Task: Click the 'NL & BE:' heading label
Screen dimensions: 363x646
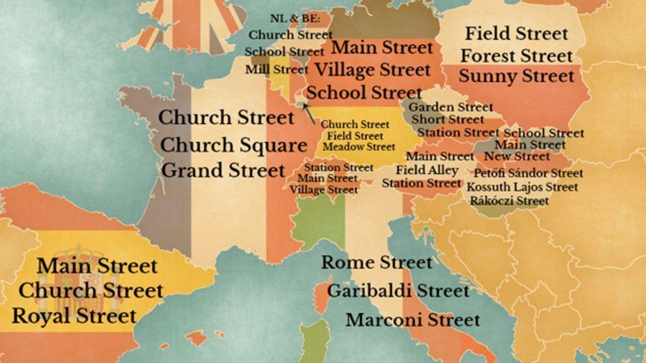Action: (296, 19)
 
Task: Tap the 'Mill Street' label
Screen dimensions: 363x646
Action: (277, 69)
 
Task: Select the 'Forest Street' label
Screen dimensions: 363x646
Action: (516, 55)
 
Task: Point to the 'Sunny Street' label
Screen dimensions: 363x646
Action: (516, 76)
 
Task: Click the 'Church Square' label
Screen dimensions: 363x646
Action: (233, 146)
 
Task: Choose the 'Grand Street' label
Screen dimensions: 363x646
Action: (223, 170)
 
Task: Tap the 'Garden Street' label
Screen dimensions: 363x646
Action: (451, 107)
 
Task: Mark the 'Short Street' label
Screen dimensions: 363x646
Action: (448, 120)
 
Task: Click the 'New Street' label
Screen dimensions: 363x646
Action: (517, 156)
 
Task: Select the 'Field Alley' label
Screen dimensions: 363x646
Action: (427, 170)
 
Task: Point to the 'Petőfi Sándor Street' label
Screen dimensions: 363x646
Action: (528, 173)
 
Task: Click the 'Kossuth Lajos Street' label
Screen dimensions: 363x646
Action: (522, 187)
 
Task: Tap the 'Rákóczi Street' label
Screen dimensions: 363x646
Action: (509, 200)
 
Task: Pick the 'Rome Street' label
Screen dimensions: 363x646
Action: (377, 262)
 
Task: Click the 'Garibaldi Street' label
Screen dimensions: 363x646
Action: (398, 290)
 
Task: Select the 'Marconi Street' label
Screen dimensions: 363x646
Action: (413, 319)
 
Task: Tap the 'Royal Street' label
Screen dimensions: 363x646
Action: (74, 315)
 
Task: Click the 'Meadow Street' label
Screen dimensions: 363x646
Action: (359, 147)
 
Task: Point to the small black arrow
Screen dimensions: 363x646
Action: (309, 114)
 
